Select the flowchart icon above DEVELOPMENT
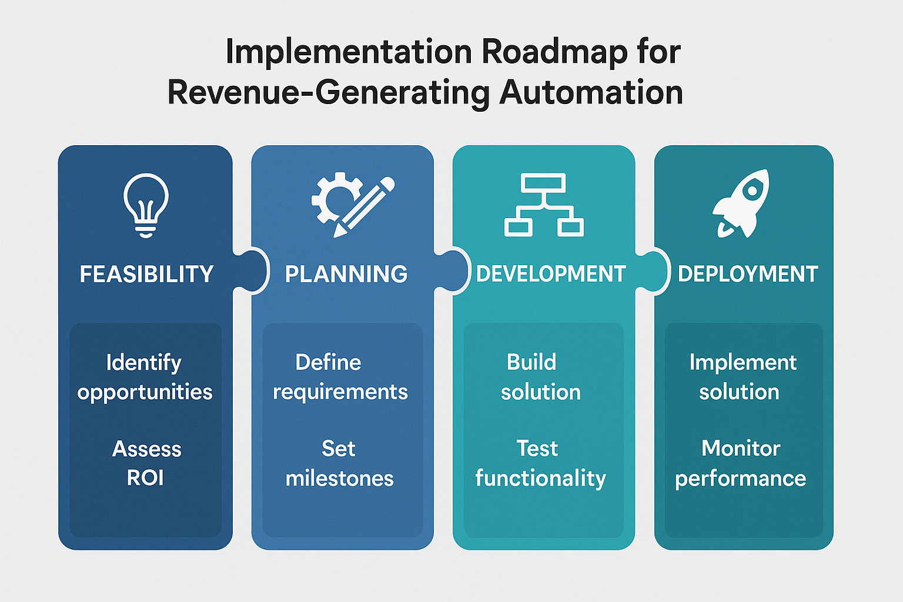point(544,205)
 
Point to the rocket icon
point(742,203)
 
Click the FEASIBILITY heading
point(146,274)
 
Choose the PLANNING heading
point(346,274)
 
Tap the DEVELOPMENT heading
point(551,274)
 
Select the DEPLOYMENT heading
point(748,274)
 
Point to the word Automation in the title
point(591,93)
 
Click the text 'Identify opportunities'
point(145,377)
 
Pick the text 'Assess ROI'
point(146,463)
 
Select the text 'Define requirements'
point(340,377)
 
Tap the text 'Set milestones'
point(339,463)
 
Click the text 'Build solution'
point(540,377)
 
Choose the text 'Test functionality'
point(540,463)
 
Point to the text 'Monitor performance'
point(740,463)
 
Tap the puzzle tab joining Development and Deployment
point(653,270)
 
